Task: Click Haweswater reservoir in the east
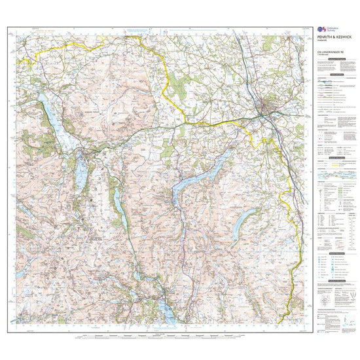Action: pyautogui.click(x=246, y=217)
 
